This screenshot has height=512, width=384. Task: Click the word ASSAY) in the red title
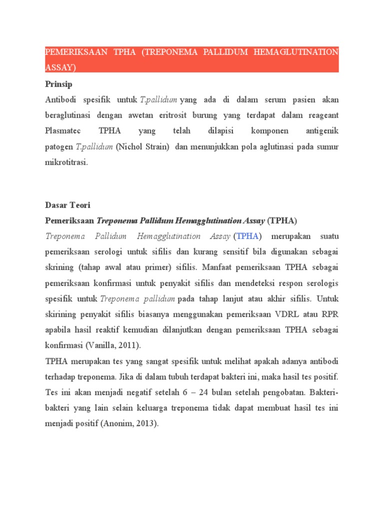tap(61, 67)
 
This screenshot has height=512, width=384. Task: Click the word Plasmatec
tap(64, 131)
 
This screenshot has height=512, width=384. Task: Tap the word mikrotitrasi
tap(66, 162)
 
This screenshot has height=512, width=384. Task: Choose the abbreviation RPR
tap(328, 314)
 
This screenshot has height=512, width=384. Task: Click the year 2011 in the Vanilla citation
tap(129, 345)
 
